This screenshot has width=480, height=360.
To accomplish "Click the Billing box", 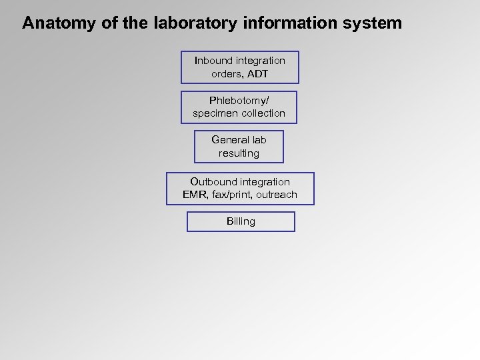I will tap(241, 221).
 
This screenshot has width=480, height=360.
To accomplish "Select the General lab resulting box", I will tap(239, 147).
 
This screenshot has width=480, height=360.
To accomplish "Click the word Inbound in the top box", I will tap(213, 61).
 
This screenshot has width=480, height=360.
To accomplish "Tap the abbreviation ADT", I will tap(257, 74).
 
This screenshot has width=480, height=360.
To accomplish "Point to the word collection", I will tap(263, 113).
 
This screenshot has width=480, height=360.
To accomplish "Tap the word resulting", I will tap(239, 153).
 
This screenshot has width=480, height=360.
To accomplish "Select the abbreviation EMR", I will tap(195, 195).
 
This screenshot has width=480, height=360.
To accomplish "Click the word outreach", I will tap(277, 195).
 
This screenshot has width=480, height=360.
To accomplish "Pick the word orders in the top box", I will tap(226, 74).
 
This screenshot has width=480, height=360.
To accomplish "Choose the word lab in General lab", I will tap(259, 140).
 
